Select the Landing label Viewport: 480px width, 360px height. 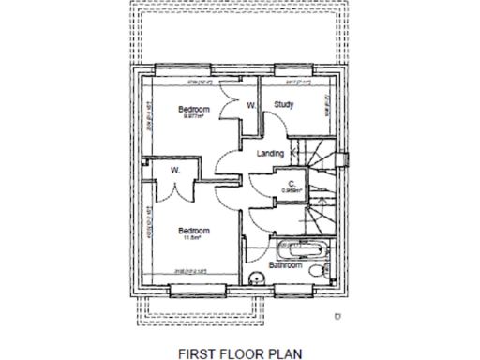[x=270, y=153]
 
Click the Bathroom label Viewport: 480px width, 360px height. [x=285, y=265]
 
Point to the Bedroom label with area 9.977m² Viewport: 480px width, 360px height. [x=193, y=110]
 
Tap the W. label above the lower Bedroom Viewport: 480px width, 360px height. [x=175, y=170]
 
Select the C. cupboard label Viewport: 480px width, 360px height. [x=292, y=183]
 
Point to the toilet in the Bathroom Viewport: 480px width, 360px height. [x=321, y=269]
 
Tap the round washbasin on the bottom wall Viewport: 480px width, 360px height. [x=256, y=275]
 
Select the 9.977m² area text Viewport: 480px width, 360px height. [x=193, y=118]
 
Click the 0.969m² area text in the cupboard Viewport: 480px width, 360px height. [x=291, y=190]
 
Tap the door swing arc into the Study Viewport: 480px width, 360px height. [x=274, y=127]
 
